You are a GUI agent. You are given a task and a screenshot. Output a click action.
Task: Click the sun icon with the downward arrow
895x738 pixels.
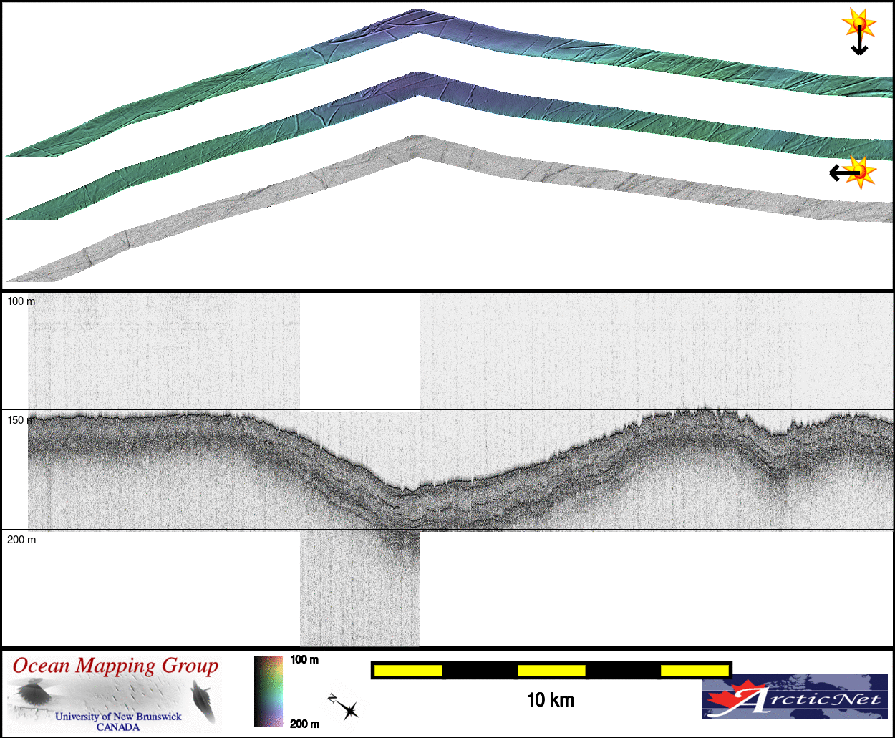pos(859,24)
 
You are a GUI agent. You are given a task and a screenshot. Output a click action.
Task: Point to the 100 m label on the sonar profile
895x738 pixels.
pos(21,301)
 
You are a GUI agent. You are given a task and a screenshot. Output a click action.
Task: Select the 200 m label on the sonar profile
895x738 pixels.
pos(21,540)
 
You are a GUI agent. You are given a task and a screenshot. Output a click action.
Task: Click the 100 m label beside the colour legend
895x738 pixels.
pos(304,659)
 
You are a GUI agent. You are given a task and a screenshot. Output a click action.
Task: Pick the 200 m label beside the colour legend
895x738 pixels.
pos(304,724)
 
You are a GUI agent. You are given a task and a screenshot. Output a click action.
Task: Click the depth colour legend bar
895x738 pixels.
pos(268,691)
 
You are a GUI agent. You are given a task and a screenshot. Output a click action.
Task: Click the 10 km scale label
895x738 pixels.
pos(551,700)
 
